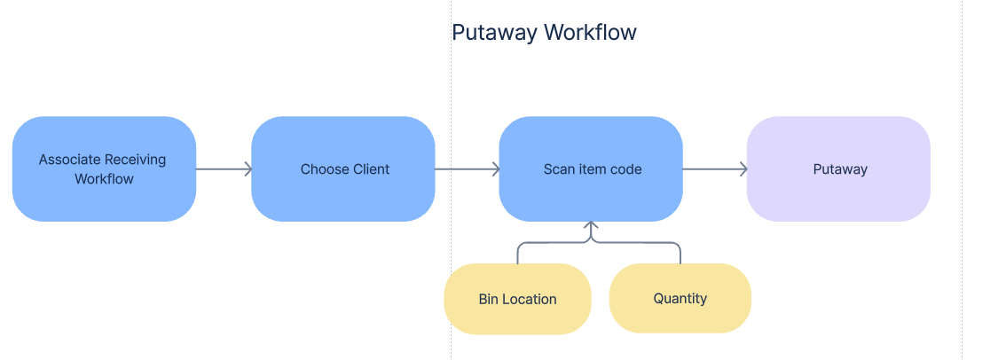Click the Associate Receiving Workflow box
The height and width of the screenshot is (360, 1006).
[x=104, y=168]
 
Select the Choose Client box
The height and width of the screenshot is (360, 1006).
[x=343, y=168]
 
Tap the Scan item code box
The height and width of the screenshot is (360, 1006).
[x=591, y=168]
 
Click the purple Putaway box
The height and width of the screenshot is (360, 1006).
[x=838, y=168]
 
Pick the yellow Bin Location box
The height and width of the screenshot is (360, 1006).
[x=517, y=299]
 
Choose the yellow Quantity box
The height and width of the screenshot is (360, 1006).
[x=680, y=298]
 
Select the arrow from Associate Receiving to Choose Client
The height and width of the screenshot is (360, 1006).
[x=224, y=168]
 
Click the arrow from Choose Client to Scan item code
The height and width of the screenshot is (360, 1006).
[x=468, y=168]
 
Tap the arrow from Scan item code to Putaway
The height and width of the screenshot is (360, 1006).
[x=715, y=168]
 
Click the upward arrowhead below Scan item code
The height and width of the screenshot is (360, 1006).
[x=591, y=228]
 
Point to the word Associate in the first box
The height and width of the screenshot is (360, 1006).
[x=70, y=160]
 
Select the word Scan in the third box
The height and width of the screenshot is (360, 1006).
[x=559, y=169]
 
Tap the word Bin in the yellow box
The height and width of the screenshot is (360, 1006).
[x=488, y=300]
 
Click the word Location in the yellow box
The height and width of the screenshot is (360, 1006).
[x=530, y=300]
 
